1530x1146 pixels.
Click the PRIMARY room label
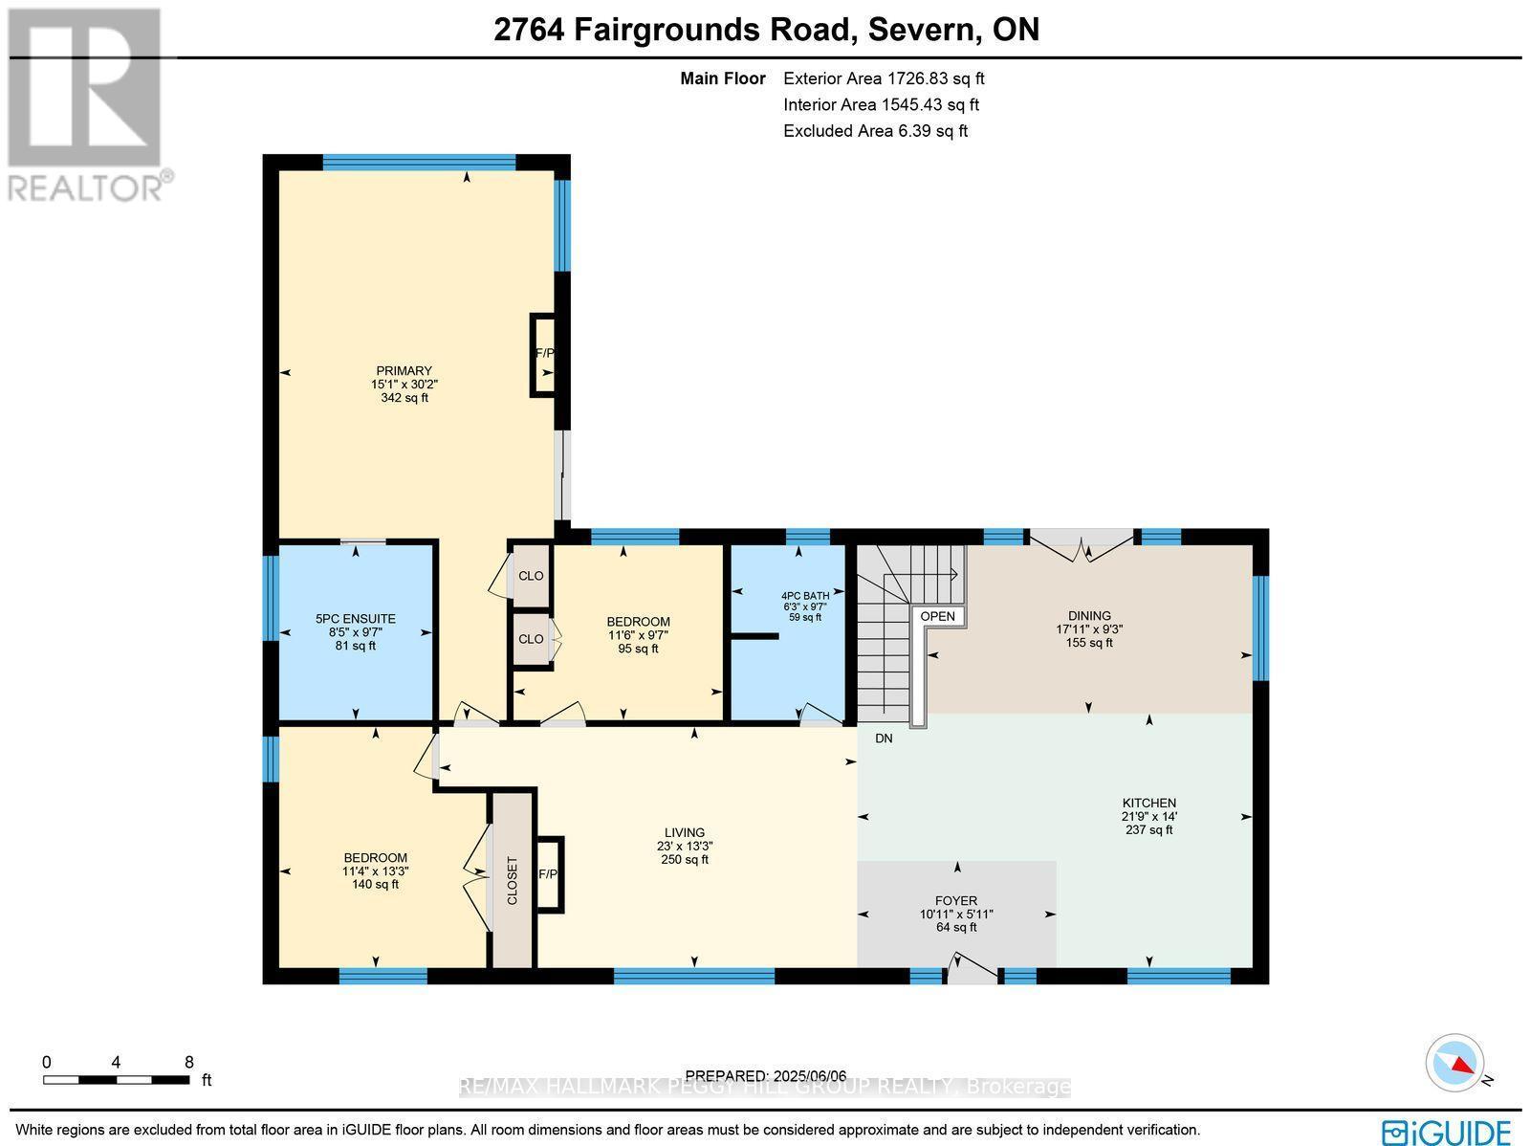[404, 371]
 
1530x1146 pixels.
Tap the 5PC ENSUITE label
[355, 619]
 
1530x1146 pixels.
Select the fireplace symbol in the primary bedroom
[544, 354]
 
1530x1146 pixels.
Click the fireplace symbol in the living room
[548, 874]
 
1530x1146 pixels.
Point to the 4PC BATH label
[804, 595]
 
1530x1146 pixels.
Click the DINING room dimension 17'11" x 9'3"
[1089, 629]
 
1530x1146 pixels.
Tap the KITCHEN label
[1148, 804]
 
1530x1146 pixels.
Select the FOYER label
[955, 901]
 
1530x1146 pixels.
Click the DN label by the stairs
[884, 738]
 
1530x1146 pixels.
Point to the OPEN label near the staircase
[937, 616]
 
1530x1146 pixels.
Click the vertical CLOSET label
[512, 881]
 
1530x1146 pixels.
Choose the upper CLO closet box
[531, 576]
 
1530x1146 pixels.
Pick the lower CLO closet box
[531, 639]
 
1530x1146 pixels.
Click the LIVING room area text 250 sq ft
[685, 860]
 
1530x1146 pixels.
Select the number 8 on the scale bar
[188, 1062]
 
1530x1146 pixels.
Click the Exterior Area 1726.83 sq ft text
[883, 79]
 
